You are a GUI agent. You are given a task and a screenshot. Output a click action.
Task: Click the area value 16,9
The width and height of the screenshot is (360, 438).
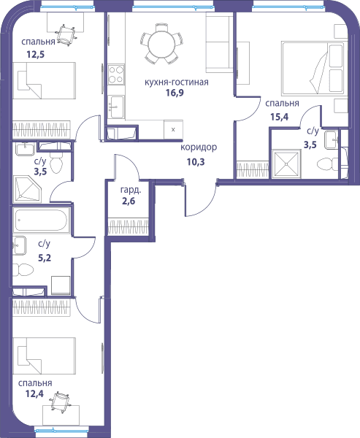pyautogui.click(x=175, y=93)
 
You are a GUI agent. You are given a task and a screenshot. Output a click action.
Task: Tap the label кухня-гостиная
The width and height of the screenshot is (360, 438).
pyautogui.click(x=177, y=82)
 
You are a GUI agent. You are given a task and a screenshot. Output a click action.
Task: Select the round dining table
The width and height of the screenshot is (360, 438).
pyautogui.click(x=161, y=44)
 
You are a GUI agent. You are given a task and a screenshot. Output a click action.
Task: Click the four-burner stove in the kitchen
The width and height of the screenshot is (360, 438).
pyautogui.click(x=116, y=74)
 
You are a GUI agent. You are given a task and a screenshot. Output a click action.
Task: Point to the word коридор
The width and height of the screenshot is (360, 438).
pyautogui.click(x=199, y=147)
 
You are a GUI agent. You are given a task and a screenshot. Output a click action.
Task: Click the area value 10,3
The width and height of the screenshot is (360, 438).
pyautogui.click(x=196, y=161)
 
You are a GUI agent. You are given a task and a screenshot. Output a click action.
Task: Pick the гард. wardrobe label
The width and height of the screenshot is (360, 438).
pyautogui.click(x=131, y=191)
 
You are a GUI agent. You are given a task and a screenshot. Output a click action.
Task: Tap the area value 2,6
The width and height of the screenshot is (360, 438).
pyautogui.click(x=129, y=201)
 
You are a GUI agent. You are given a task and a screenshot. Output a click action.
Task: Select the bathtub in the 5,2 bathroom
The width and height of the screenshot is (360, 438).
pyautogui.click(x=41, y=220)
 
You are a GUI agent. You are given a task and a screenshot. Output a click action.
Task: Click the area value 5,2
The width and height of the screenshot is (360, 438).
pyautogui.click(x=45, y=258)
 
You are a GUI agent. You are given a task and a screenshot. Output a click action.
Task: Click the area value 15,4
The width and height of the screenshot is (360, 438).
pyautogui.click(x=279, y=117)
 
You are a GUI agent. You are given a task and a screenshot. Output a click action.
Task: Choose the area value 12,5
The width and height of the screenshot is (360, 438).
pyautogui.click(x=36, y=54)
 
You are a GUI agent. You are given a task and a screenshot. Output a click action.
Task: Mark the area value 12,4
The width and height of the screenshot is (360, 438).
pyautogui.click(x=34, y=393)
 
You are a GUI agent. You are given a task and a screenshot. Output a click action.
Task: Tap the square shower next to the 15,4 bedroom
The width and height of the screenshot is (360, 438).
pyautogui.click(x=286, y=164)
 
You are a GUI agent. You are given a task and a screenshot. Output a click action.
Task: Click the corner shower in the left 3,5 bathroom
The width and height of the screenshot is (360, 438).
pyautogui.click(x=27, y=188)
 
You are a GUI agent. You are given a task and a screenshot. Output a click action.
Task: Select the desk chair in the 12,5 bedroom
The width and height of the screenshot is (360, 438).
pyautogui.click(x=66, y=34)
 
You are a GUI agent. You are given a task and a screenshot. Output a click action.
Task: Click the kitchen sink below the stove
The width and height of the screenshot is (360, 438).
pyautogui.click(x=116, y=107)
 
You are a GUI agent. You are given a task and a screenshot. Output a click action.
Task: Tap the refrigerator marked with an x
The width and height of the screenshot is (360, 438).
pyautogui.click(x=173, y=129)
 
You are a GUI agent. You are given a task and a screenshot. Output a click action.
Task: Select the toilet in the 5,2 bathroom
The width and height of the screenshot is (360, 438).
pyautogui.click(x=23, y=270)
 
